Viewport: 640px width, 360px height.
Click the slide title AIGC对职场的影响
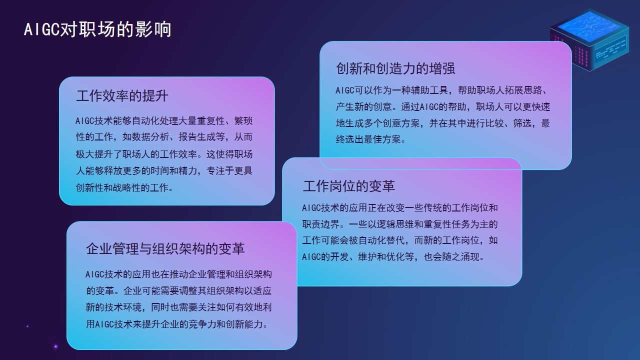pyautogui.click(x=97, y=29)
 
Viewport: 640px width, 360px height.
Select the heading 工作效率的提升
pyautogui.click(x=122, y=95)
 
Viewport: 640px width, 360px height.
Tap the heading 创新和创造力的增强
pyautogui.click(x=395, y=68)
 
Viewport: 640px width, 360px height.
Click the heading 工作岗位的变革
pyautogui.click(x=349, y=186)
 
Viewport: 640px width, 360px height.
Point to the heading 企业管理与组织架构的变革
pyautogui.click(x=165, y=248)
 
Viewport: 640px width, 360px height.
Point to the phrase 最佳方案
pyautogui.click(x=382, y=139)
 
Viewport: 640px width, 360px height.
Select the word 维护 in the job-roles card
pyautogui.click(x=367, y=257)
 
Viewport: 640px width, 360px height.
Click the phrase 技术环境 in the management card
pyautogui.click(x=123, y=307)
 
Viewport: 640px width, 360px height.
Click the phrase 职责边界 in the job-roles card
pyautogui.click(x=321, y=224)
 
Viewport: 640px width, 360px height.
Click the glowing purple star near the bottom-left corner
pyautogui.click(x=55, y=347)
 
